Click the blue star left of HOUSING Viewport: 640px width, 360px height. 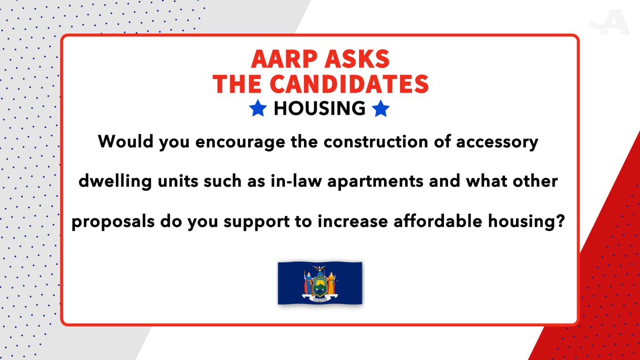tap(258, 108)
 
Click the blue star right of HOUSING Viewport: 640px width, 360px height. tap(380, 108)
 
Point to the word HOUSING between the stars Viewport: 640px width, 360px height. tap(320, 108)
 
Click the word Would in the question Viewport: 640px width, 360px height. tap(125, 141)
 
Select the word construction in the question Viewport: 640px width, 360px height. tap(376, 141)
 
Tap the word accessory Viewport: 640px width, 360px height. tap(497, 142)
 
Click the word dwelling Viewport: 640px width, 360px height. tap(115, 181)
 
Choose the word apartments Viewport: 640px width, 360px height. tap(375, 181)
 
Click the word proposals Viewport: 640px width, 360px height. tap(113, 222)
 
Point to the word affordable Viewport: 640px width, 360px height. tap(438, 221)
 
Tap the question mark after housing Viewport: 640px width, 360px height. tap(561, 221)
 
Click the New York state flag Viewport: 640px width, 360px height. tap(320, 283)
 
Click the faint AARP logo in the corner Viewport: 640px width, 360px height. tap(610, 22)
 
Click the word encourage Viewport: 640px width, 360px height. tap(240, 142)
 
